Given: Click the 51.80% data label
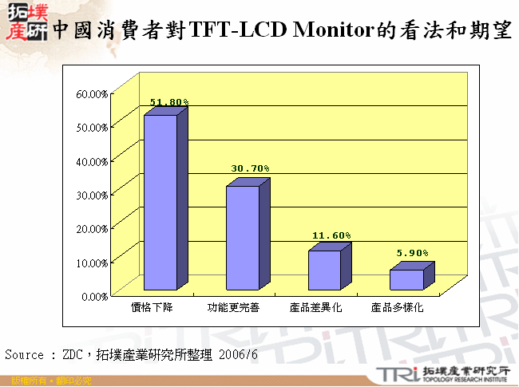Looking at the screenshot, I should tap(169, 102).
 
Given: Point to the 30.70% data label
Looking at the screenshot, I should tap(251, 168).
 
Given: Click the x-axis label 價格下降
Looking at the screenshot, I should tap(153, 307).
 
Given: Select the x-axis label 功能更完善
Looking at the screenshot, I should tap(233, 307).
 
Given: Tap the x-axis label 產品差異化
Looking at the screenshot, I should tap(315, 307).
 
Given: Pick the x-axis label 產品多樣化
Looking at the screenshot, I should tap(397, 307).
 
